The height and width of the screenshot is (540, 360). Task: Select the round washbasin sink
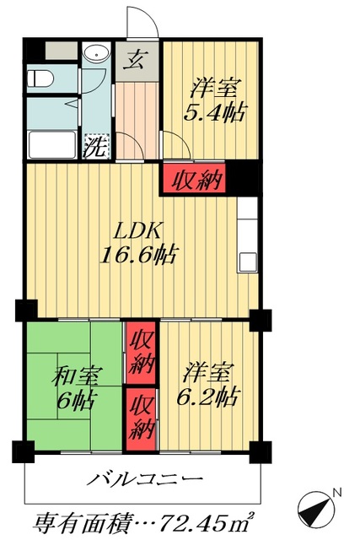[x=95, y=58]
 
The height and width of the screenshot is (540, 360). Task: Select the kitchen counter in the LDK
[x=247, y=236]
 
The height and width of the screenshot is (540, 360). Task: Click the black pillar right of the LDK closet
[x=242, y=178]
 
